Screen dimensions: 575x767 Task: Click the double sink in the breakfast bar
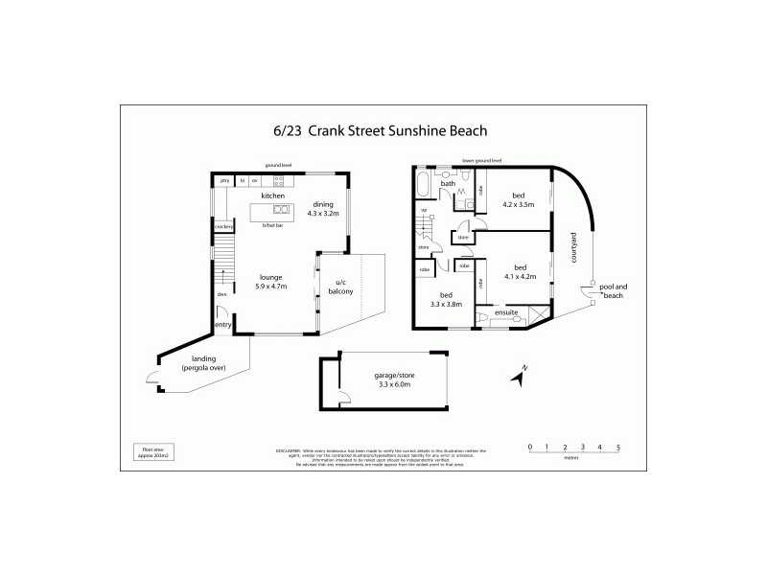click(279, 208)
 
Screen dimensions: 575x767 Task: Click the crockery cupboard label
click(224, 226)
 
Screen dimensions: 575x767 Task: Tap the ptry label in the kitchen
click(224, 180)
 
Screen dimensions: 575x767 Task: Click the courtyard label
click(573, 249)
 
